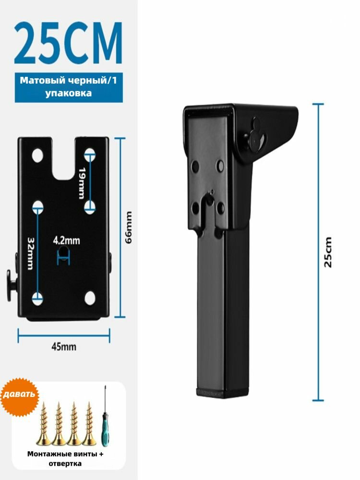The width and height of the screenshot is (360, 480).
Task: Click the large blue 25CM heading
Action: pyautogui.click(x=68, y=43)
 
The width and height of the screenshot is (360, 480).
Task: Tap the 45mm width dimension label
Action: pyautogui.click(x=64, y=347)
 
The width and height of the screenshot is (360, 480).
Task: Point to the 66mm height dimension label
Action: pyautogui.click(x=129, y=228)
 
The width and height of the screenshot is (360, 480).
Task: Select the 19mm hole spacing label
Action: pyautogui.click(x=81, y=183)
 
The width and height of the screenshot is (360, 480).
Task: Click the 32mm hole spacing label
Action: pyautogui.click(x=30, y=253)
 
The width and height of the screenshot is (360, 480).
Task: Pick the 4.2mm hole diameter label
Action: pyautogui.click(x=66, y=240)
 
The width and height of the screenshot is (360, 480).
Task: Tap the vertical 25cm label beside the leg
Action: pyautogui.click(x=328, y=252)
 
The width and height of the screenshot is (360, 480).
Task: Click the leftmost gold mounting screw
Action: pyautogui.click(x=44, y=423)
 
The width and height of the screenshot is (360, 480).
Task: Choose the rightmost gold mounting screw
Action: pyautogui.click(x=89, y=423)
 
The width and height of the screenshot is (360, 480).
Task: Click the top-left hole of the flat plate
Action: pyautogui.click(x=37, y=156)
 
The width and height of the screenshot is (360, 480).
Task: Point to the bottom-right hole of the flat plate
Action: pyautogui.click(x=90, y=298)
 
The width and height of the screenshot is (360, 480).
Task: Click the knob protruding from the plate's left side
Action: pyautogui.click(x=12, y=285)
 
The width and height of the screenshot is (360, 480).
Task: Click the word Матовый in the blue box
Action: pyautogui.click(x=43, y=81)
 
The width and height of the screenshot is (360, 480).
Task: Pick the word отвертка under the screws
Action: pyautogui.click(x=65, y=464)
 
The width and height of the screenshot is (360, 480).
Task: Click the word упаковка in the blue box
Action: pyautogui.click(x=69, y=93)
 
